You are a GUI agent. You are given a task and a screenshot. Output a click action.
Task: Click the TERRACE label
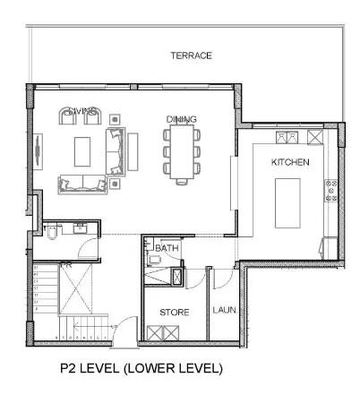click(x=191, y=56)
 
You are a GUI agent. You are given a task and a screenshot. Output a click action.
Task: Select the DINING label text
click(x=181, y=119)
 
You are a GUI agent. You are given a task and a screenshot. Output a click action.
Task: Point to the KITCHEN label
click(x=290, y=162)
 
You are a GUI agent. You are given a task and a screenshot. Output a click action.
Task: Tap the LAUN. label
click(x=224, y=311)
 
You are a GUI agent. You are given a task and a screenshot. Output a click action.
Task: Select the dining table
click(x=181, y=151)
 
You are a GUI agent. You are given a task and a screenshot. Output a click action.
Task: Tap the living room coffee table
click(x=83, y=150)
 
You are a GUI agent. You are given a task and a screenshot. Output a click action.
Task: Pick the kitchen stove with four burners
click(x=330, y=191)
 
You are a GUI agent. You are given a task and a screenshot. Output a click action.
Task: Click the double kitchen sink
click(x=287, y=137)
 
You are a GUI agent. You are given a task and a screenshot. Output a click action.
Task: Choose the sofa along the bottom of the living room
click(x=80, y=184)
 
